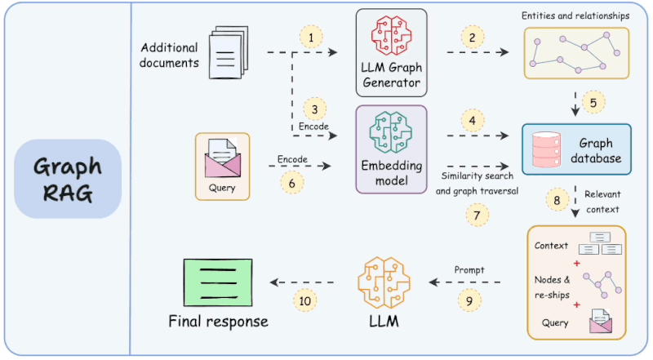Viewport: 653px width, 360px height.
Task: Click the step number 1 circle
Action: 310,37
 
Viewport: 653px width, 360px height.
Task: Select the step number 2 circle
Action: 471,37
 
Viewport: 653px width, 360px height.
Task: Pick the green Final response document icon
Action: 216,280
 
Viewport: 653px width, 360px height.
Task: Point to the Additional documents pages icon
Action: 227,53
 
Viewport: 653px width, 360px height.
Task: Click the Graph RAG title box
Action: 68,179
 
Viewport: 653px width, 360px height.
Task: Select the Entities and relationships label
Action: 576,16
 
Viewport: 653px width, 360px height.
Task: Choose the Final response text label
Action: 218,321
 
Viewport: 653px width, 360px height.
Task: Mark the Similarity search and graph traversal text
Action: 478,184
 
